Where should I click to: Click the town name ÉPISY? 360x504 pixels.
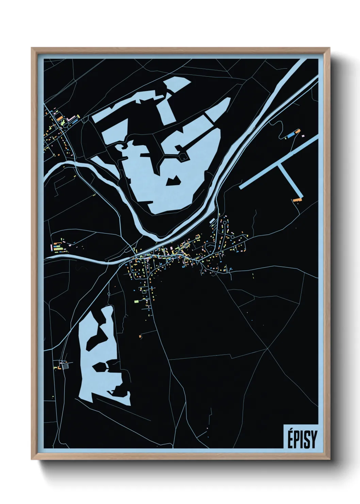tap(302, 439)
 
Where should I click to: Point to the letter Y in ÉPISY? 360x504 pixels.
tap(313, 440)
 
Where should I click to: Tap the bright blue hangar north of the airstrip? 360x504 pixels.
tap(291, 135)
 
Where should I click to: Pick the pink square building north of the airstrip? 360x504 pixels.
tap(303, 136)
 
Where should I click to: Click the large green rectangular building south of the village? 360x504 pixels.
tap(136, 301)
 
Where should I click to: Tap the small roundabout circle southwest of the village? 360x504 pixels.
tap(109, 293)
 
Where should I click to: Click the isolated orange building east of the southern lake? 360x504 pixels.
tap(140, 336)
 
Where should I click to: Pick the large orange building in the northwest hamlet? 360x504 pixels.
tap(60, 118)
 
